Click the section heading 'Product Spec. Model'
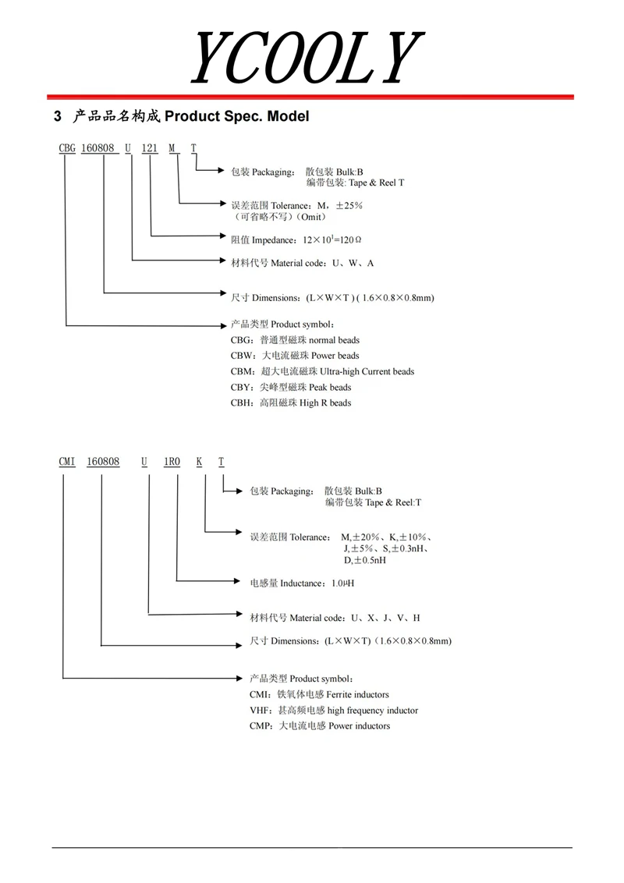point(237,117)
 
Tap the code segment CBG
point(67,149)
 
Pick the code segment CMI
point(67,462)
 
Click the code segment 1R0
point(172,462)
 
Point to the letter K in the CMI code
point(200,462)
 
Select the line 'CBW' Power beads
point(295,356)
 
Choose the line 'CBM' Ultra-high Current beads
point(322,371)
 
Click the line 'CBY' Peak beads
point(291,387)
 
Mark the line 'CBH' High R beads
point(291,402)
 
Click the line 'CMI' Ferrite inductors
point(319,694)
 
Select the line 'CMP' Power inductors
point(320,725)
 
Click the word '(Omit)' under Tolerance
point(310,217)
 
